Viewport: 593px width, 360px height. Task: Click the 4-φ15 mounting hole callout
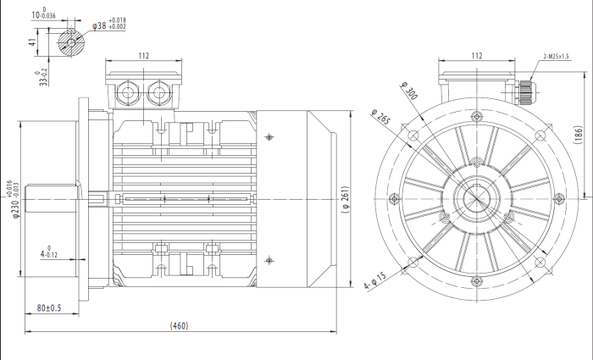[x=375, y=279]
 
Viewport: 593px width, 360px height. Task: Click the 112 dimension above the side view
[x=143, y=56]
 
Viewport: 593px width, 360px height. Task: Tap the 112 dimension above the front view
[x=476, y=56]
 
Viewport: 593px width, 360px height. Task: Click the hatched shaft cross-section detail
[x=70, y=42]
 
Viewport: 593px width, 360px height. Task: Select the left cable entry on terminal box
[x=128, y=91]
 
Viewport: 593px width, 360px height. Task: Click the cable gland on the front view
[x=524, y=89]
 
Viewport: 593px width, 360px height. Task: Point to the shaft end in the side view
[x=51, y=200]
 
